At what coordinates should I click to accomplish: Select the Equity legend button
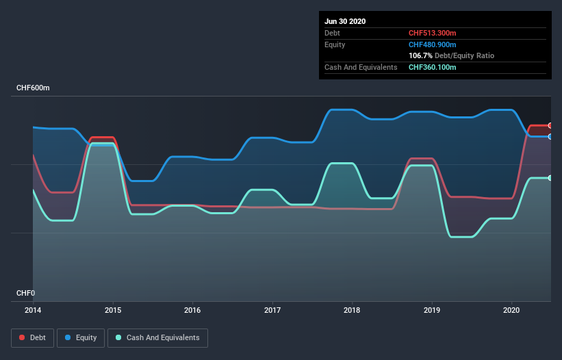81,337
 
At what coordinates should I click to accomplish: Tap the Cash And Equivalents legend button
157,337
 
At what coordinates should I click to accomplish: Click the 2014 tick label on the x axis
33,310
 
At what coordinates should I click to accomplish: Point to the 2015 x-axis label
113,310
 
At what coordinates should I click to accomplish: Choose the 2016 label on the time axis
192,310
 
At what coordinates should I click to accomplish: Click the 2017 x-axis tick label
272,310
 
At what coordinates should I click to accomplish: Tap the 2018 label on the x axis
353,310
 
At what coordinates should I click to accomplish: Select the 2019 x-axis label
432,310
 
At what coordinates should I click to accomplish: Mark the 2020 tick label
512,310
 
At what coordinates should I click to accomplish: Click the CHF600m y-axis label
34,88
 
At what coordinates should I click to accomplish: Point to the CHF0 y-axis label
25,293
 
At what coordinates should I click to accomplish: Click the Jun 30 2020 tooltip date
345,21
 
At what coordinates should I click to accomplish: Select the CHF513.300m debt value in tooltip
432,33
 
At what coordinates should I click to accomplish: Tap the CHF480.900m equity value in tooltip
432,44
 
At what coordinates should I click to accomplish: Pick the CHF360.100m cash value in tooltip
432,67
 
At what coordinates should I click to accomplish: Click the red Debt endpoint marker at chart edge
550,125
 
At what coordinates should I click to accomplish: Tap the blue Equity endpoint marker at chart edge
550,137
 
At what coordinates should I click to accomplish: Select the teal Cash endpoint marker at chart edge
550,178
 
